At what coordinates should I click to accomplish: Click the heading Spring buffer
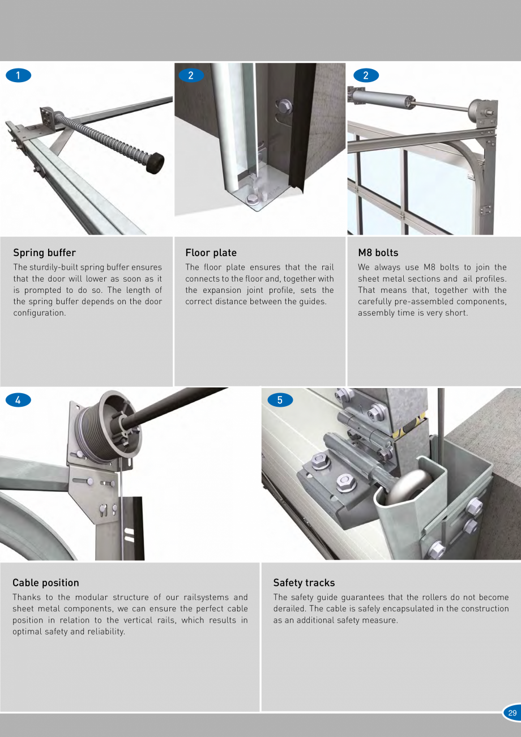point(44,253)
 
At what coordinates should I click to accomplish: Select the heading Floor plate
point(211,253)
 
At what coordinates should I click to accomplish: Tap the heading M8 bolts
point(378,253)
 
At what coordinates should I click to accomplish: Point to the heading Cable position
point(46,583)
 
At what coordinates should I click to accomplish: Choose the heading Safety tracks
point(304,583)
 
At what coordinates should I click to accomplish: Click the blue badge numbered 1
point(19,75)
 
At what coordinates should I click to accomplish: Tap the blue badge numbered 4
point(19,400)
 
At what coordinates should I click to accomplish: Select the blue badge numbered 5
point(280,400)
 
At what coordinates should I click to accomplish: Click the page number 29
point(512,713)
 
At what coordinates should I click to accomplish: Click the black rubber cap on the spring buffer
point(156,163)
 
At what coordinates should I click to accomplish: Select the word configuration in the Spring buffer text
point(40,313)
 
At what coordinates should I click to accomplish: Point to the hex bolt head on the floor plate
point(251,198)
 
